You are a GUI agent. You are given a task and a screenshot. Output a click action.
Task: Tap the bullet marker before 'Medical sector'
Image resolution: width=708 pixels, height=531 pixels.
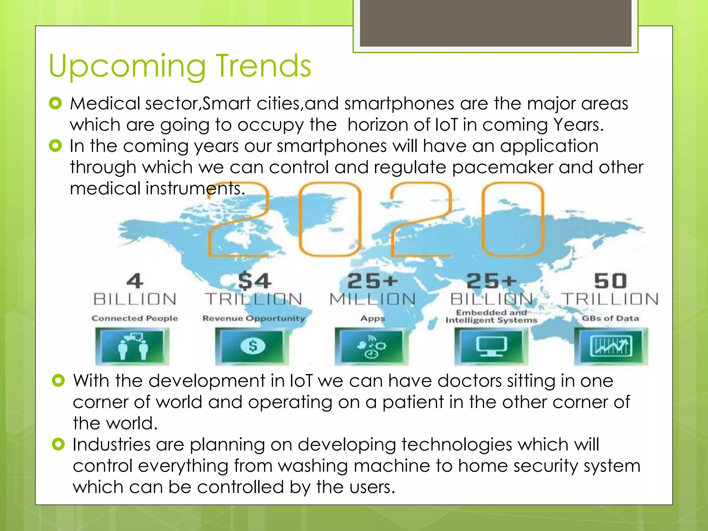click(55, 103)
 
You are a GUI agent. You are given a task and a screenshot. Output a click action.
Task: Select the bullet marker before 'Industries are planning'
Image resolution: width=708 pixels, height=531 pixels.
click(58, 444)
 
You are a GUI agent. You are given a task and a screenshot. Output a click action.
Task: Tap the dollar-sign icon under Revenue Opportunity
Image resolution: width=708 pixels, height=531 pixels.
click(253, 346)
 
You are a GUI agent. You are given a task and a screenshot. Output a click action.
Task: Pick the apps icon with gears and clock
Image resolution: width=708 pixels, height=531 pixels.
click(371, 346)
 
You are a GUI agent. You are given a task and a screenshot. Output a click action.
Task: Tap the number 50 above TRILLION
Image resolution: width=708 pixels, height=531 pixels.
click(610, 281)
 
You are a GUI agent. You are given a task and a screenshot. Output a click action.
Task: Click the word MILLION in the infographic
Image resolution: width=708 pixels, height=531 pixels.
click(372, 299)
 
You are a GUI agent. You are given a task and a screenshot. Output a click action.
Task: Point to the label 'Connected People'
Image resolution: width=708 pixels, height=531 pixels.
click(134, 318)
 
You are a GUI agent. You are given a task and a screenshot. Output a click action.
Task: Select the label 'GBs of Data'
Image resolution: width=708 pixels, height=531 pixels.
click(610, 318)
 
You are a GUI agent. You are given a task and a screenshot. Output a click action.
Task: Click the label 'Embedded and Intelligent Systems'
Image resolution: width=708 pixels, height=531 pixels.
click(491, 316)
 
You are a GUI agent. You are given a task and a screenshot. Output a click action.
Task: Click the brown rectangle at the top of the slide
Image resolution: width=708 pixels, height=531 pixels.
click(495, 23)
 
